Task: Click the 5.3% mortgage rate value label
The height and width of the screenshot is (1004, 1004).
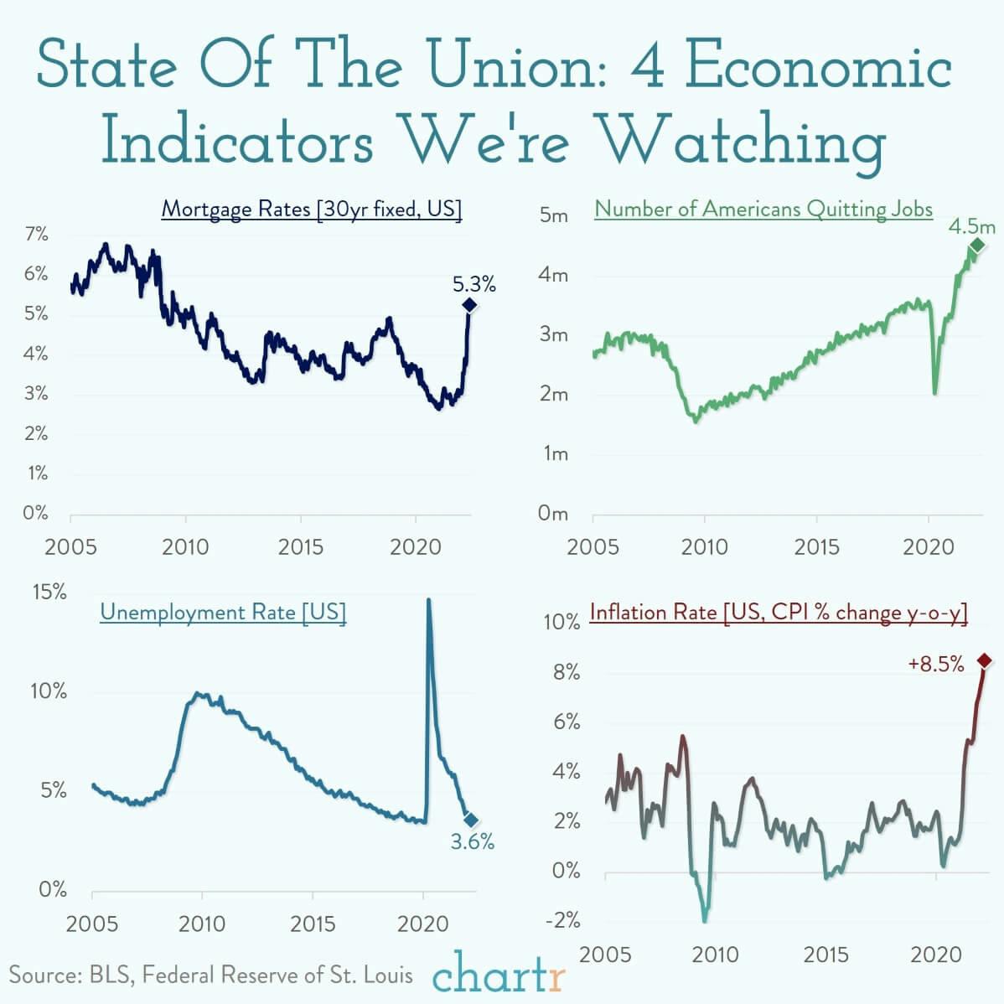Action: click(x=474, y=285)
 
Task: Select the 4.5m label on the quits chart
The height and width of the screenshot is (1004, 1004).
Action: click(x=972, y=226)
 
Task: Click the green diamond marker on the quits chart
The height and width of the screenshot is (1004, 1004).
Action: click(x=976, y=245)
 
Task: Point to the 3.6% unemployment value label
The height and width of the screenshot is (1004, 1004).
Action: click(x=473, y=842)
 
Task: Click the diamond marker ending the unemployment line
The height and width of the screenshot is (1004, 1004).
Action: click(x=471, y=820)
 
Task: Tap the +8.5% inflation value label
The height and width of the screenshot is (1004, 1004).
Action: click(x=935, y=665)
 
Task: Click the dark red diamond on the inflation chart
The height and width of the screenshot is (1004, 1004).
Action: click(x=984, y=661)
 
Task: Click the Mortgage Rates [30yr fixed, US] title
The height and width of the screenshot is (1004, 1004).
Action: click(x=311, y=209)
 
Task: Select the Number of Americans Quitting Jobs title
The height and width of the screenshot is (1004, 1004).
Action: click(x=763, y=209)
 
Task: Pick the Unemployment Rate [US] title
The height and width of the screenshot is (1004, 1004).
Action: click(x=223, y=612)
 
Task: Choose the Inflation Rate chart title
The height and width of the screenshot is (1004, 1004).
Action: click(x=779, y=613)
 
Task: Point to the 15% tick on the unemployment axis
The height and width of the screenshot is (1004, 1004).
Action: click(x=49, y=592)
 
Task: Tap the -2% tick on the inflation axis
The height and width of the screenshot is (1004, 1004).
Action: click(x=562, y=920)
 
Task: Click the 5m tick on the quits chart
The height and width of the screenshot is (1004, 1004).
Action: click(x=553, y=216)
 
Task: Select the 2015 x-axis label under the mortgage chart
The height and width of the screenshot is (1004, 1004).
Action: click(x=300, y=547)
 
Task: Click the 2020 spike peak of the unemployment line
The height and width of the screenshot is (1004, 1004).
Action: click(x=429, y=600)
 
